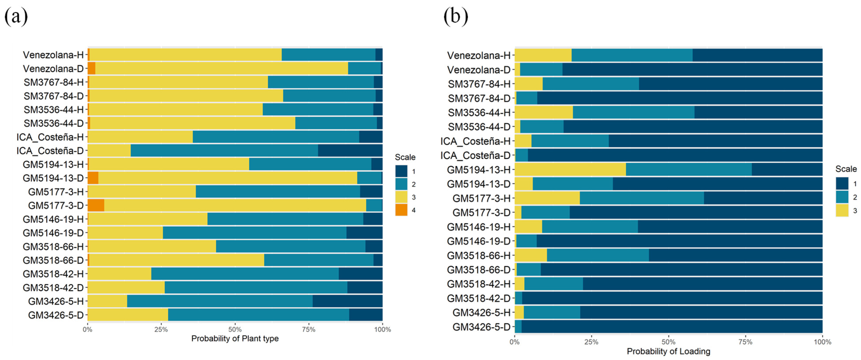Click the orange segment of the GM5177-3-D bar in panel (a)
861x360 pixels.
pyautogui.click(x=96, y=205)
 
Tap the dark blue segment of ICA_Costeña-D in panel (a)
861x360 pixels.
pyautogui.click(x=350, y=151)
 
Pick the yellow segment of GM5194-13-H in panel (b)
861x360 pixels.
pyautogui.click(x=570, y=169)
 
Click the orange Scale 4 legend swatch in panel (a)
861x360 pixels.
pyautogui.click(x=401, y=210)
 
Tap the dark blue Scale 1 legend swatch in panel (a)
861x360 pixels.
pyautogui.click(x=401, y=171)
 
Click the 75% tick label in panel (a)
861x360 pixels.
pyautogui.click(x=308, y=330)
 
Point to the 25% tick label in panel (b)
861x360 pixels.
pyautogui.click(x=591, y=342)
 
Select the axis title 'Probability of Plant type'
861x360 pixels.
pyautogui.click(x=235, y=339)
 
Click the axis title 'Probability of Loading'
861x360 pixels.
pyautogui.click(x=668, y=351)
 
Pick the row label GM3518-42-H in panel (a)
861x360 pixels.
pyautogui.click(x=53, y=274)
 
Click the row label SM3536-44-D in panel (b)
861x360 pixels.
pyautogui.click(x=479, y=127)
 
